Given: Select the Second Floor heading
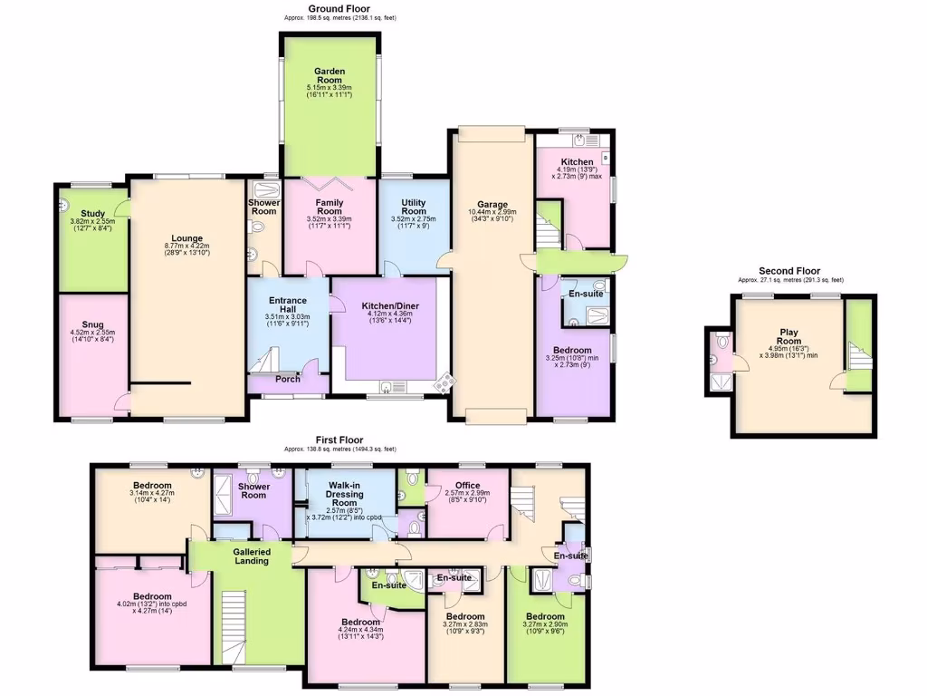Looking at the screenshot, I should coord(789,271).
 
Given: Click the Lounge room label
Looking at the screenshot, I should coord(187,238).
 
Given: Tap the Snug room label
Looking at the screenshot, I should coord(92,324).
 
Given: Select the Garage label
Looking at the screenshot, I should coord(492,205).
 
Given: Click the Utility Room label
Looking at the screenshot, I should coord(413,206).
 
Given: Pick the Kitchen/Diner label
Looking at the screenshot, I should coord(390,305).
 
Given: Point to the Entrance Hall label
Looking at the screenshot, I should coord(287,305).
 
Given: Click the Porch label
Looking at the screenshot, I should coord(288,380).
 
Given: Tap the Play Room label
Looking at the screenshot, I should coord(789,333).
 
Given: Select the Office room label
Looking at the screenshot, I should coord(467,485).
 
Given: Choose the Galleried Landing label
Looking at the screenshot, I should coord(251,556).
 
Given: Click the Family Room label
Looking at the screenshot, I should coord(330,208).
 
